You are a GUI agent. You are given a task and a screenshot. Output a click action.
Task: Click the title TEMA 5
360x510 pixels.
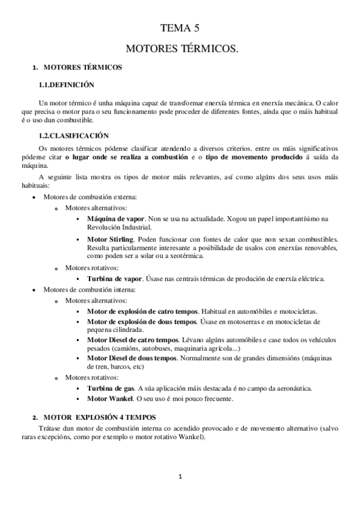[x=180, y=28]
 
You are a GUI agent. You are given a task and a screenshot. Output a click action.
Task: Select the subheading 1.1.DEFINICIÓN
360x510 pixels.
[x=66, y=85]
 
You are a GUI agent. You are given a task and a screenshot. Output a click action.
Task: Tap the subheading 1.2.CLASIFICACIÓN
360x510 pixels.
[x=73, y=136]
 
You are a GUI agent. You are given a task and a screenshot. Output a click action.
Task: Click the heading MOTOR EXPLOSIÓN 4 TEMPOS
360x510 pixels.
[x=100, y=417]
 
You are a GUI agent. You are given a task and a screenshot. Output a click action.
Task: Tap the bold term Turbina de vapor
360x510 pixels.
[x=115, y=278]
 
